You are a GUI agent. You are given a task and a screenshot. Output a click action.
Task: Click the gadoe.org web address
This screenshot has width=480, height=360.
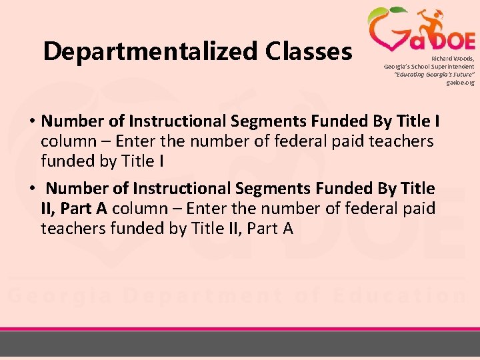click(x=461, y=83)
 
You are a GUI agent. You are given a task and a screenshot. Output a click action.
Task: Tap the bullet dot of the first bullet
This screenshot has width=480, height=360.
click(x=32, y=122)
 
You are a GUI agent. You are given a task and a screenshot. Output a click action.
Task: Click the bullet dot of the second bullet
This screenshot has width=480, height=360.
click(x=32, y=189)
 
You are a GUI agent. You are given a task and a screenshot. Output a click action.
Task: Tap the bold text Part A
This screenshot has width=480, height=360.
click(x=83, y=209)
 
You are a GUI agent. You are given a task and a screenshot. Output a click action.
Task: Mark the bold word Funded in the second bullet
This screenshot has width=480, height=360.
click(x=348, y=189)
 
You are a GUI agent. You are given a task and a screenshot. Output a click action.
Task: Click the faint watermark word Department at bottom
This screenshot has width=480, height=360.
click(x=191, y=295)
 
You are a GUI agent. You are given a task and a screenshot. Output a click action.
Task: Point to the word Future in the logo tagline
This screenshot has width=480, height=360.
click(x=459, y=75)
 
